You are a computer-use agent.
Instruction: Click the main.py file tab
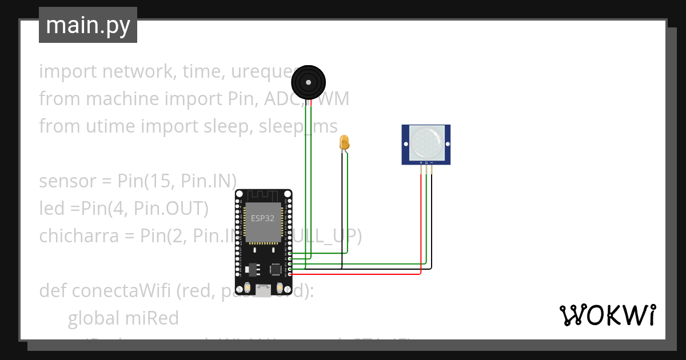click(87, 25)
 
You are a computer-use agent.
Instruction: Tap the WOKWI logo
click(607, 315)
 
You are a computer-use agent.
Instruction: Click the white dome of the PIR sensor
click(426, 143)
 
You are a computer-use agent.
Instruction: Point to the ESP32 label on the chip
click(263, 218)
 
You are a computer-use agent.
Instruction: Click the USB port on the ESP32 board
click(263, 291)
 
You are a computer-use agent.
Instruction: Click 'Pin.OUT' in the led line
click(170, 209)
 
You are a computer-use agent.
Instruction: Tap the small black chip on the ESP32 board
click(276, 269)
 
